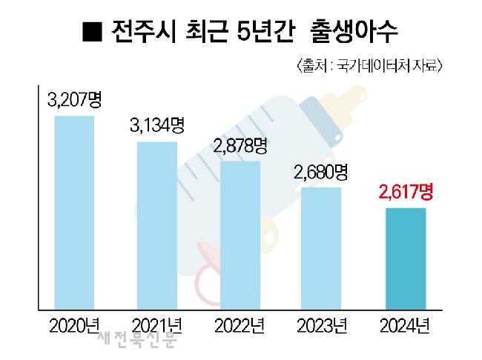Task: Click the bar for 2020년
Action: point(74,212)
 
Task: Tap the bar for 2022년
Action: point(240,234)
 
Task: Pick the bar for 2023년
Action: point(320,247)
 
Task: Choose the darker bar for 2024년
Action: point(405,258)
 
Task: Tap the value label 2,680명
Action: point(320,172)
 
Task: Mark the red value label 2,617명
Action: point(405,194)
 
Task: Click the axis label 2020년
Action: point(74,324)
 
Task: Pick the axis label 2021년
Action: point(156,324)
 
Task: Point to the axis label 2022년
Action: point(240,324)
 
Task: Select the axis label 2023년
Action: point(320,324)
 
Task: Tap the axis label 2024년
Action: point(405,324)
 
